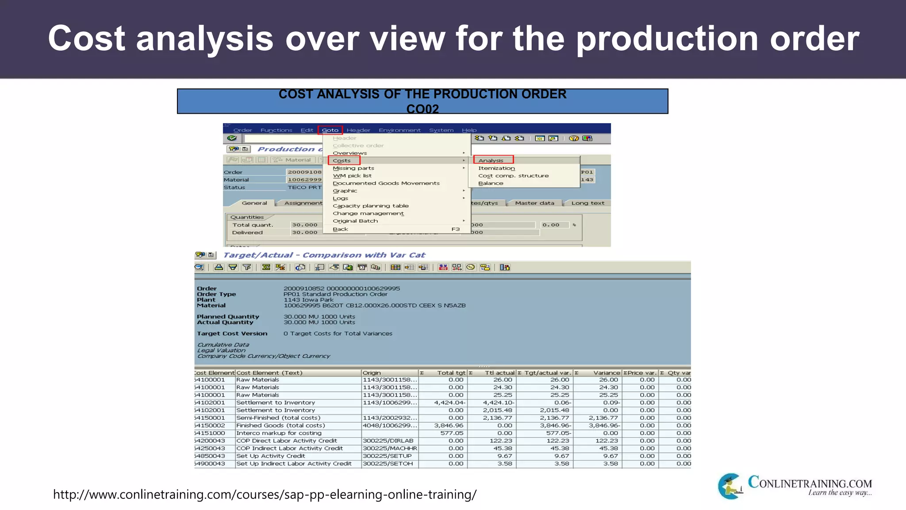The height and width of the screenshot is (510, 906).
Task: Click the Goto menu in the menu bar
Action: (x=330, y=130)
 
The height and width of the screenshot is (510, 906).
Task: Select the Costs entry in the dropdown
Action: (x=342, y=161)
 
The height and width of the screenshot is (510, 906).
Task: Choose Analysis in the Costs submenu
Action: (x=491, y=161)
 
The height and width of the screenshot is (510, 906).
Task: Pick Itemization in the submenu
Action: (x=496, y=168)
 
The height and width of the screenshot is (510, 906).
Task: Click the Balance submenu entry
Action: (x=491, y=183)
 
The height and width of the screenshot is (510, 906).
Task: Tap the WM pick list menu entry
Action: (x=352, y=176)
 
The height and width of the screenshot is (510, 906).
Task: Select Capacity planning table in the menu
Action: (x=371, y=206)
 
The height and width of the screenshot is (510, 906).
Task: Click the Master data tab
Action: (x=534, y=203)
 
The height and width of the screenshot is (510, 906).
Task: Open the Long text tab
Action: (x=587, y=203)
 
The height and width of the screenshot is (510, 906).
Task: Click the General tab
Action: (x=254, y=203)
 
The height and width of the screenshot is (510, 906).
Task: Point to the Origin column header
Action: (x=372, y=373)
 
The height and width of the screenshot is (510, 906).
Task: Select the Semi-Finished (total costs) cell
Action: (x=278, y=418)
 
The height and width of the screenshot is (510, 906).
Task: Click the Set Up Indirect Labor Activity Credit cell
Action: (x=294, y=464)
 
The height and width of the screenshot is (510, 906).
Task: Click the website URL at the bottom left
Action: (x=265, y=494)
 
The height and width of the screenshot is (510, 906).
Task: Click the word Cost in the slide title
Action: (x=87, y=39)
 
